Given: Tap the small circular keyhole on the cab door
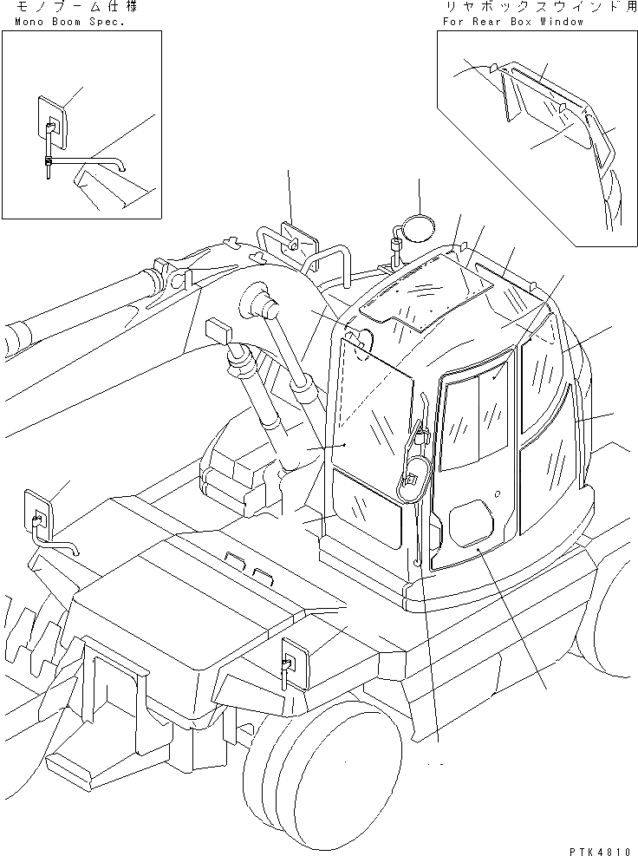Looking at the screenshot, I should [x=498, y=494].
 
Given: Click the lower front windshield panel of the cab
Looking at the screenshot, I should [x=368, y=512].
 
